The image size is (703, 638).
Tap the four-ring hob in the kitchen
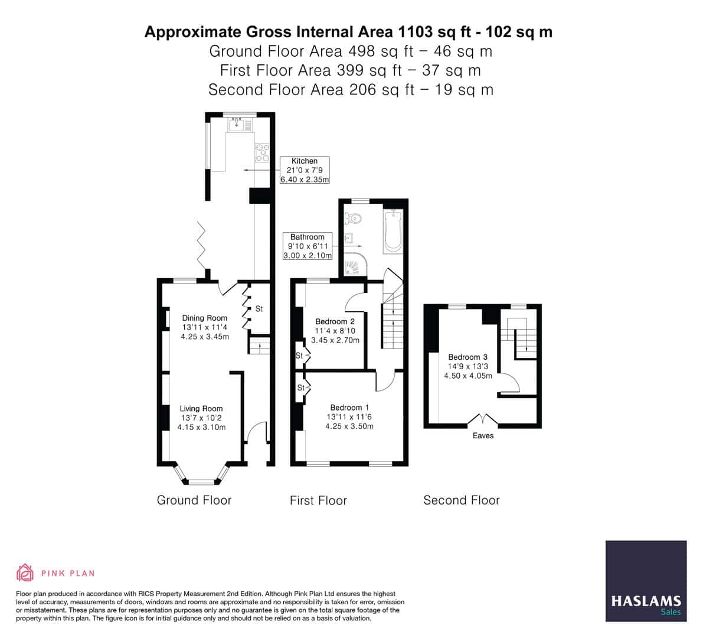coord(262,153)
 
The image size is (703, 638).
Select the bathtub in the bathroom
coord(392,232)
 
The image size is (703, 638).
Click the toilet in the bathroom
coord(354,219)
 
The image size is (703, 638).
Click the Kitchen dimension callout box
coord(304,170)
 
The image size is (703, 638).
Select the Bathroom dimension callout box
coord(308,246)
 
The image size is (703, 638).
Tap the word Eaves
coord(483,436)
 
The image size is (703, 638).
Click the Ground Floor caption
coord(194,500)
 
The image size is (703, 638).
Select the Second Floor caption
coord(461,500)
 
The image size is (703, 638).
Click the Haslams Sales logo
coord(646,581)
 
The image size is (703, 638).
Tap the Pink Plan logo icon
coord(25,572)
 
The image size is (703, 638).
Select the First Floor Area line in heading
coord(350,70)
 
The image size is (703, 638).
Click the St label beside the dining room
coord(259,309)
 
